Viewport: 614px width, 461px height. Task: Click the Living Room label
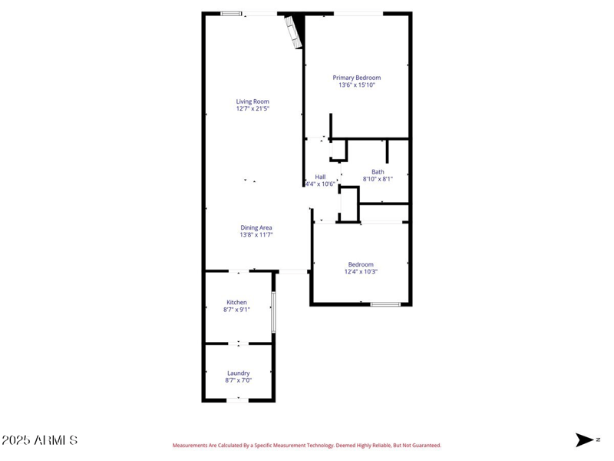[253, 101]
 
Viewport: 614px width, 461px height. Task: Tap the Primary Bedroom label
[356, 78]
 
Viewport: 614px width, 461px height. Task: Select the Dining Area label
[256, 227]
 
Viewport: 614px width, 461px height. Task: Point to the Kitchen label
[236, 302]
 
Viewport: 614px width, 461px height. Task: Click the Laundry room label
[238, 373]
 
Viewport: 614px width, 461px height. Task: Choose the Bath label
[378, 171]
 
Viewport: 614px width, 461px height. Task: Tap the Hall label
[320, 177]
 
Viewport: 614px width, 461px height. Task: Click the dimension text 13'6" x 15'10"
[356, 85]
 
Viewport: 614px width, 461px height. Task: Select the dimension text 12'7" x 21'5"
[253, 109]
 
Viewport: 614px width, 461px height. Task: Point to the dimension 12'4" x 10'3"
[361, 271]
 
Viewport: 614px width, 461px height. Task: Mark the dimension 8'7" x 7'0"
[238, 380]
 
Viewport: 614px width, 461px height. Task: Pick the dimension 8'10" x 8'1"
[378, 178]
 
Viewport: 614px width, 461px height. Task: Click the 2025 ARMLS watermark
[39, 440]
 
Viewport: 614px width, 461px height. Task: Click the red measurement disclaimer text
[307, 446]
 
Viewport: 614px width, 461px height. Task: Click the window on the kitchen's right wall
[273, 312]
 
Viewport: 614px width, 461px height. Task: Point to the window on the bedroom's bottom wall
[385, 304]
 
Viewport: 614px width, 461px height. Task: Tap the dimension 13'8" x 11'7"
[256, 235]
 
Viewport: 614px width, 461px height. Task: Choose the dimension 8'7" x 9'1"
[236, 310]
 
